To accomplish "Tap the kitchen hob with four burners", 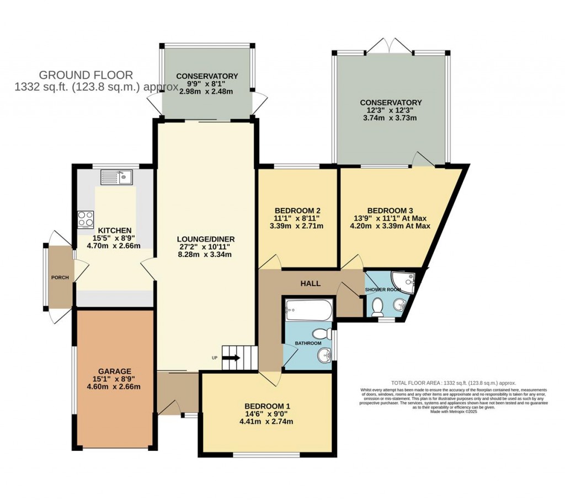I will tap(86, 218).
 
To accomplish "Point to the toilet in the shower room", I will tap(378, 307).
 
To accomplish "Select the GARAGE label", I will tap(115, 371).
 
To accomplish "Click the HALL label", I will tap(311, 283).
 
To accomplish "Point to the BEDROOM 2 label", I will tap(298, 210).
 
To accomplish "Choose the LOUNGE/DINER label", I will tap(206, 239).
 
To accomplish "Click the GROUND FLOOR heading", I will tap(86, 75).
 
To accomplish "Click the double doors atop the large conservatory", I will tap(390, 46).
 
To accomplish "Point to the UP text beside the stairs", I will tap(215, 358).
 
